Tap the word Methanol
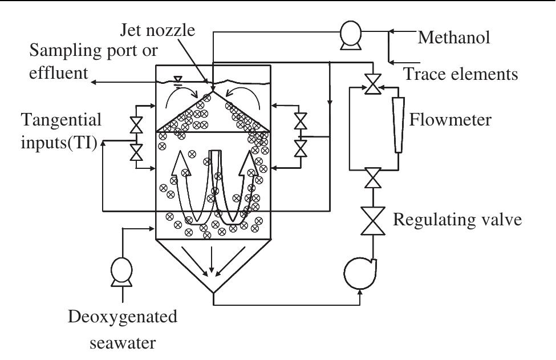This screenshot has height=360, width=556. (454, 38)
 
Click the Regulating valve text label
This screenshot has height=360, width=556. (458, 219)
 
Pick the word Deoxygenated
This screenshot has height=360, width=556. (123, 317)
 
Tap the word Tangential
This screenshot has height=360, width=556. (61, 120)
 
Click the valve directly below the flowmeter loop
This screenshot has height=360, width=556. (373, 177)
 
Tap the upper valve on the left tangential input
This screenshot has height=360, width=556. (136, 124)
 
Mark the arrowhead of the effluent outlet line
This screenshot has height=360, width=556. (94, 83)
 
